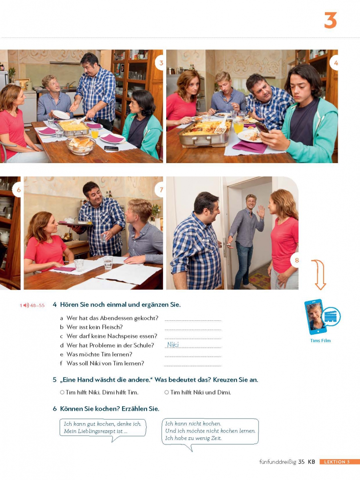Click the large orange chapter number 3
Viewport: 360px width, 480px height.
330,20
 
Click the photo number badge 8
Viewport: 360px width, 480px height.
296,260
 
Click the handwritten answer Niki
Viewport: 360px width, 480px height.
173,345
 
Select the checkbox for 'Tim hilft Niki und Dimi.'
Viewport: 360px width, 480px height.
167,392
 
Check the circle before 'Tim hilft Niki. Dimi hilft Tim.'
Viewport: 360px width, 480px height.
62,392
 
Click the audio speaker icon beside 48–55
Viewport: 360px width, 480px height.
26,305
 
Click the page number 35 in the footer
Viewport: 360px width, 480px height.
301,462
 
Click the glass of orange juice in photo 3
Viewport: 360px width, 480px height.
95,133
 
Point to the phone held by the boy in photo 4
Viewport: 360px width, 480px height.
262,128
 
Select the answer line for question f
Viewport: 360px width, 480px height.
192,366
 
